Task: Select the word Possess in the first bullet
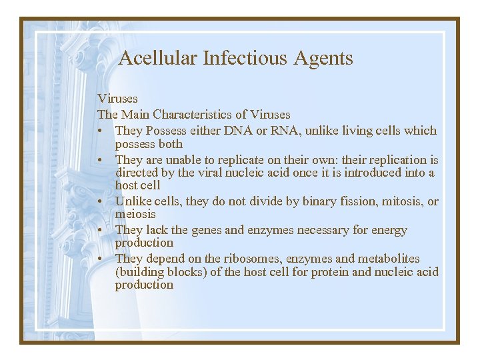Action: tap(167, 131)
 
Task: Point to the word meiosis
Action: tap(135, 214)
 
